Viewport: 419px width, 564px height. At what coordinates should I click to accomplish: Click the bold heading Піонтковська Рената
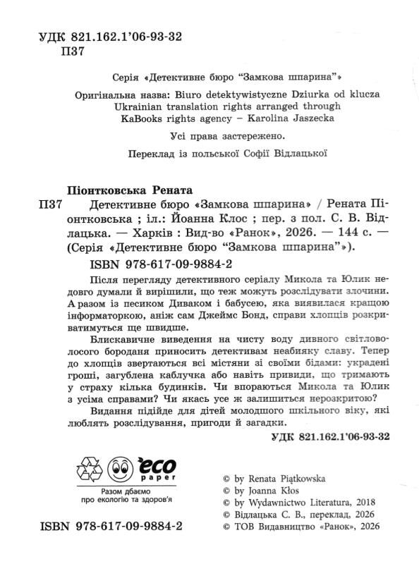(x=116, y=191)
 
